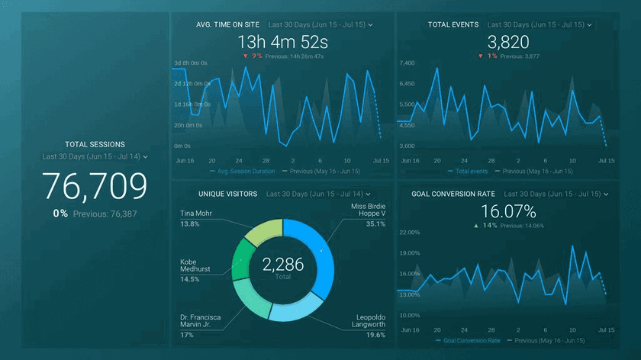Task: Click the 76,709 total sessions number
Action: (x=95, y=186)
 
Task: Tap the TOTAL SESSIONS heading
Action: (x=95, y=144)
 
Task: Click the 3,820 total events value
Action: (x=507, y=42)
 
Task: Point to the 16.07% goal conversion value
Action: (x=507, y=211)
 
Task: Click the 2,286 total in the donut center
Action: (x=282, y=265)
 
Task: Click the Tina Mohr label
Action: (x=196, y=214)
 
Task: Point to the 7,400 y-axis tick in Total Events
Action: (x=406, y=63)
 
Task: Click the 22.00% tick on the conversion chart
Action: (x=410, y=232)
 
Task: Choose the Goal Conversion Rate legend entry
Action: (x=472, y=340)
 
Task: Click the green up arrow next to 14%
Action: (x=476, y=227)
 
